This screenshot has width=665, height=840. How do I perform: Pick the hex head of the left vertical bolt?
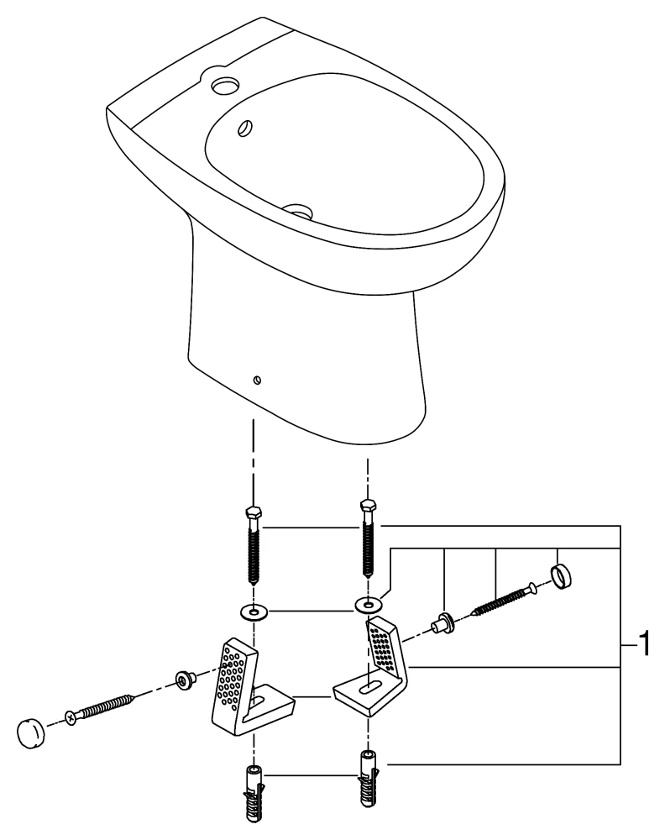tap(252, 514)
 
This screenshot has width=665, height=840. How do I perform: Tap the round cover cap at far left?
tap(32, 732)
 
